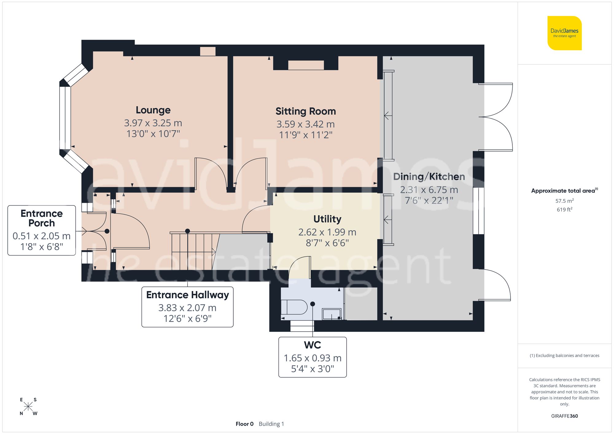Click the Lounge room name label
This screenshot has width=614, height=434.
(x=153, y=110)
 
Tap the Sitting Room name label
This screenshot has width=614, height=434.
(x=305, y=111)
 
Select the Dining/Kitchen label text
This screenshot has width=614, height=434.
(x=429, y=177)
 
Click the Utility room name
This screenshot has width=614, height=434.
(x=327, y=219)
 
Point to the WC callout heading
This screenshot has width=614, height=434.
(x=312, y=345)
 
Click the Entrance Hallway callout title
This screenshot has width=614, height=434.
(x=187, y=295)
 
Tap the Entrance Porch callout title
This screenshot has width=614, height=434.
(x=41, y=218)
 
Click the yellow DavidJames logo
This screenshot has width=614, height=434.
(x=564, y=33)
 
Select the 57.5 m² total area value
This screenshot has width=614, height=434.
(x=564, y=201)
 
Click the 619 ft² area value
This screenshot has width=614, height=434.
(x=564, y=209)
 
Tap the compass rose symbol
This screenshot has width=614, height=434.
(x=28, y=407)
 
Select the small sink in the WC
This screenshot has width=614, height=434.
(x=331, y=314)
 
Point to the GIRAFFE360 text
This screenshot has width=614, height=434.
(x=564, y=416)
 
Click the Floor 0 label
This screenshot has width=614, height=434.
(x=244, y=424)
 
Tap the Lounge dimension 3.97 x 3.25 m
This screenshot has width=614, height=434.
(x=153, y=123)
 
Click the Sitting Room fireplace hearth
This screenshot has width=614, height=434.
(x=306, y=65)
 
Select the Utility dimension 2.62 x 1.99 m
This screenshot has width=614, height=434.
(x=327, y=232)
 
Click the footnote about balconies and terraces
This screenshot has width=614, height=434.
(x=564, y=355)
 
